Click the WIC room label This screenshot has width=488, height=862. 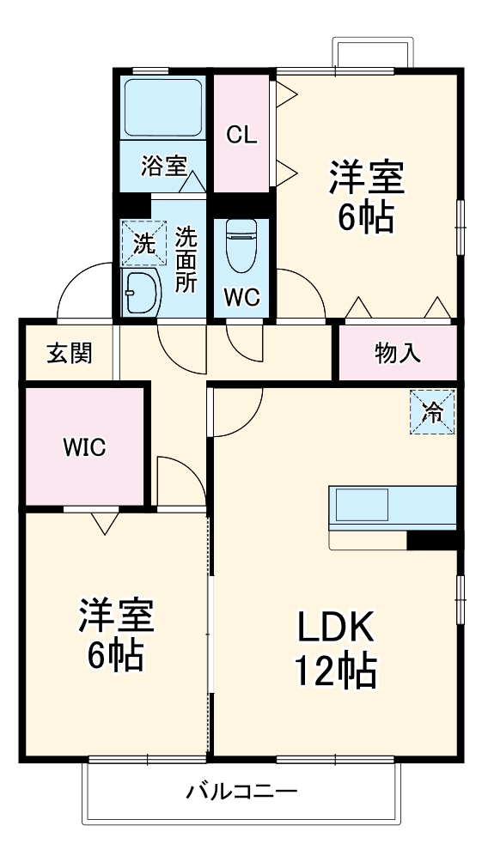tap(82, 447)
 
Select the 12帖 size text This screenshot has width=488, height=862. tap(336, 672)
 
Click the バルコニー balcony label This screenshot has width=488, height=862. tap(242, 792)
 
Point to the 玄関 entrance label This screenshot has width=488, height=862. tap(69, 353)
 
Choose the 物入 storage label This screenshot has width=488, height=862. tap(398, 353)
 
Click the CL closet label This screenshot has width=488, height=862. tap(242, 134)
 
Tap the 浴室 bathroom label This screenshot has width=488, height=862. tap(163, 164)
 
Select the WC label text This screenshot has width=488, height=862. tap(241, 297)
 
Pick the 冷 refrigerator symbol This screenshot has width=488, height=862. tap(433, 412)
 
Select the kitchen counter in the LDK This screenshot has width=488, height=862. tap(391, 509)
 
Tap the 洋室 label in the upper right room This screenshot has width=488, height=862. tap(366, 180)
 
